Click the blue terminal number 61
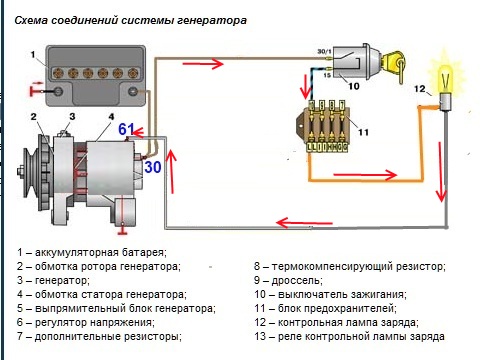126,129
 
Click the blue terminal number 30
153,167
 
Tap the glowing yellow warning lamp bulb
445,79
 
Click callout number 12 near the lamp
420,89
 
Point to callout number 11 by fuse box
363,132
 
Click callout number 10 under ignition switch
354,86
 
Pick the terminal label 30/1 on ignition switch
324,51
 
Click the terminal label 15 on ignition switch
327,75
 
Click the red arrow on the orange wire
365,174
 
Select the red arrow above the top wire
203,63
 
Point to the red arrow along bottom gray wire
305,222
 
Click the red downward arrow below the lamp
441,172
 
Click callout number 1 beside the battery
33,54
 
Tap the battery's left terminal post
59,91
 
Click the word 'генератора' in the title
212,20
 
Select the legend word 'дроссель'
297,281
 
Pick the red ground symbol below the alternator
123,232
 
